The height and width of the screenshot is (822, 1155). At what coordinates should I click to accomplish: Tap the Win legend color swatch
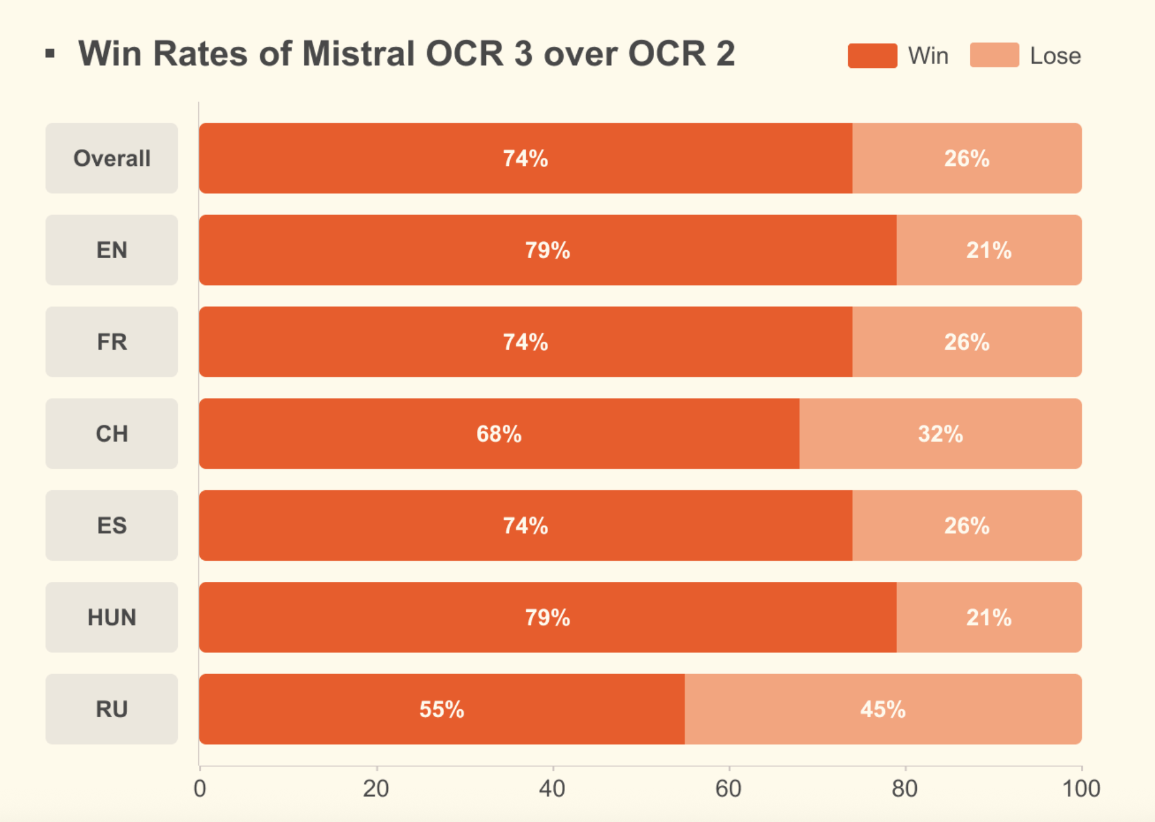(x=872, y=56)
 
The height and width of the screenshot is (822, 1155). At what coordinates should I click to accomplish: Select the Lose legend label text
(x=1055, y=56)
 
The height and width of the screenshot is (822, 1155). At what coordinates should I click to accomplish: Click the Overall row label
(x=112, y=158)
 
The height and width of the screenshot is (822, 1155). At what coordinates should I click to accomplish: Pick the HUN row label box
(x=112, y=617)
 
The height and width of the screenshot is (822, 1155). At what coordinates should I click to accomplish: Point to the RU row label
(x=112, y=709)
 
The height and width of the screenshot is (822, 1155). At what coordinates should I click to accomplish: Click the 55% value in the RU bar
(x=442, y=709)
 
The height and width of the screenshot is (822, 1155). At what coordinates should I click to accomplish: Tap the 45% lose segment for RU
(x=882, y=709)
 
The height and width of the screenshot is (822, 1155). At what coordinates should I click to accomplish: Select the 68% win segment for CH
(x=499, y=433)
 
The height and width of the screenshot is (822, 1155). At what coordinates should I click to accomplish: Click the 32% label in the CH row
(x=940, y=433)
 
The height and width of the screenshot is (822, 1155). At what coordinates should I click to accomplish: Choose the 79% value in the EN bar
(x=547, y=250)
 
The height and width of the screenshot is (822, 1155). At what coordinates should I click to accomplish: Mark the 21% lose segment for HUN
(x=988, y=617)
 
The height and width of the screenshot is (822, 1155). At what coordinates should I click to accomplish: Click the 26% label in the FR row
(x=966, y=342)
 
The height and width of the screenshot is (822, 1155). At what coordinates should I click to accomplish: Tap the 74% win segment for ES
(x=525, y=526)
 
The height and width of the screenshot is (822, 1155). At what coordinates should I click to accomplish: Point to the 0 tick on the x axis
(x=200, y=789)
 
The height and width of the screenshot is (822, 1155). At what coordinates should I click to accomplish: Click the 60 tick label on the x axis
(x=728, y=789)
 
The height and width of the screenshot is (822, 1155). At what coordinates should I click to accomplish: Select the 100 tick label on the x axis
(x=1081, y=789)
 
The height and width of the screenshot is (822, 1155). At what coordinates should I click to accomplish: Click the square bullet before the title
(x=51, y=54)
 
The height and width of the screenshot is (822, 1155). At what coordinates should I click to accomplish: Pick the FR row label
(x=112, y=342)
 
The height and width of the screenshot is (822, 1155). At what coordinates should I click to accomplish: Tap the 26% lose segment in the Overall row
(x=966, y=158)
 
